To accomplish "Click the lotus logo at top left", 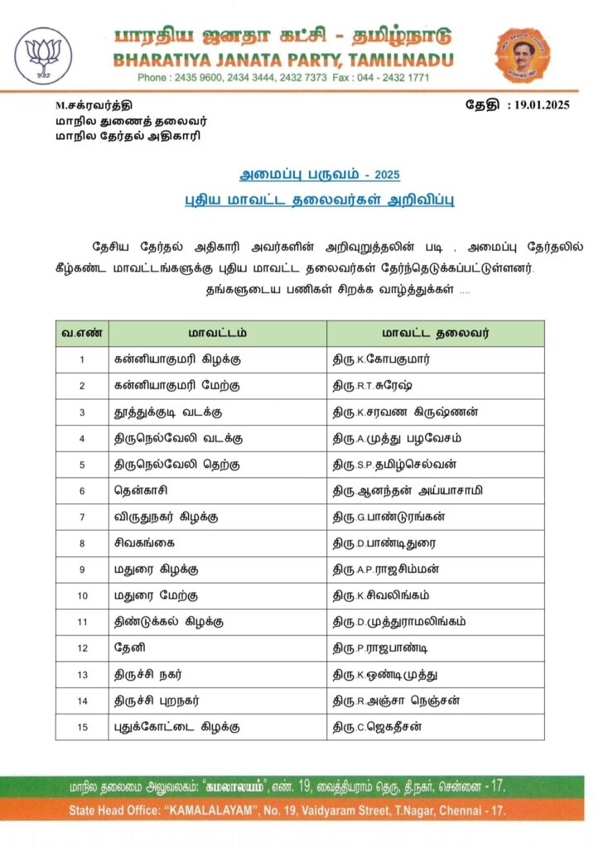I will pos(43,55).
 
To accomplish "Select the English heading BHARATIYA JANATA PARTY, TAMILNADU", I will pos(283,60).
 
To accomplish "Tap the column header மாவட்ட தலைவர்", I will pos(435,334).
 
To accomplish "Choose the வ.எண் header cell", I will pos(82,334).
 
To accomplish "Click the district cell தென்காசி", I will pos(142,491).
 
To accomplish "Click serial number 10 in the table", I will pos(82,596).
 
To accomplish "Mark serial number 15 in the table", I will pos(82,726).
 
